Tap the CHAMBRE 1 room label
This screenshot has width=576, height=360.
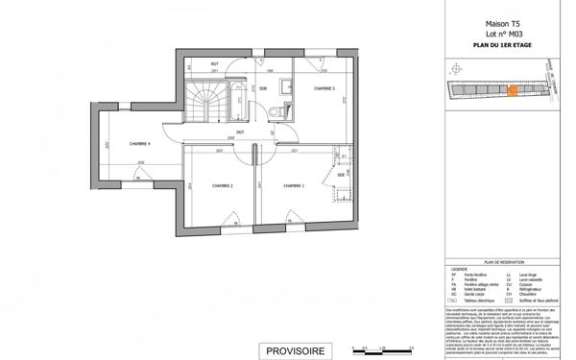coord(293,185)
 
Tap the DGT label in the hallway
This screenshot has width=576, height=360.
coord(240,132)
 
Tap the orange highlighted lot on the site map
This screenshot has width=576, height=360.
coord(512,91)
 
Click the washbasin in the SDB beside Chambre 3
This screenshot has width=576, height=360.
coord(286,85)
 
